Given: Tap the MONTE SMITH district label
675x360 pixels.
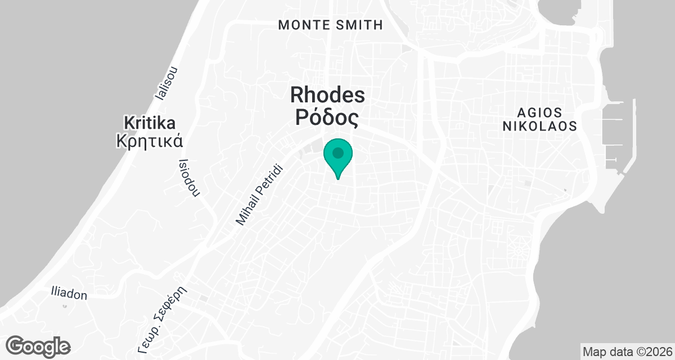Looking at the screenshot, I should (331, 25).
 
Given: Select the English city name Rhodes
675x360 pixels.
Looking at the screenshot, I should (327, 94).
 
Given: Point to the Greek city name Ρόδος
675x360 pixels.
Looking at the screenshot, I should (327, 118).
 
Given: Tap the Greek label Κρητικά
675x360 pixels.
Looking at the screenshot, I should (149, 140).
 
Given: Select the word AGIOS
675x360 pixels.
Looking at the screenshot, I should (539, 111).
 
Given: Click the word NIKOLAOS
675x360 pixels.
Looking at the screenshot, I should (539, 127).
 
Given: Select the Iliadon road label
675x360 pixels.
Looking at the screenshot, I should (69, 294).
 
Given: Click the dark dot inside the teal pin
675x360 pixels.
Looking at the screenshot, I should (337, 153).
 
